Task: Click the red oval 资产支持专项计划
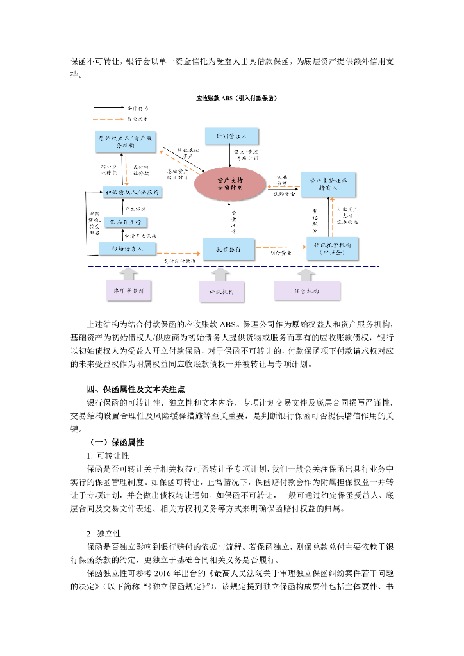pyautogui.click(x=231, y=184)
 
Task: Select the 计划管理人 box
pyautogui.click(x=231, y=136)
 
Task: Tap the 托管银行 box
pyautogui.click(x=229, y=249)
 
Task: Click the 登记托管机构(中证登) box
pyautogui.click(x=331, y=249)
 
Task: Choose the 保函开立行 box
pyautogui.click(x=126, y=222)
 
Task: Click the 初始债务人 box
pyautogui.click(x=126, y=248)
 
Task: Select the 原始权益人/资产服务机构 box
pyautogui.click(x=125, y=142)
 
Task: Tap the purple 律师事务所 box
pyautogui.click(x=128, y=291)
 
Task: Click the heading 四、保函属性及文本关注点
pyautogui.click(x=136, y=389)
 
